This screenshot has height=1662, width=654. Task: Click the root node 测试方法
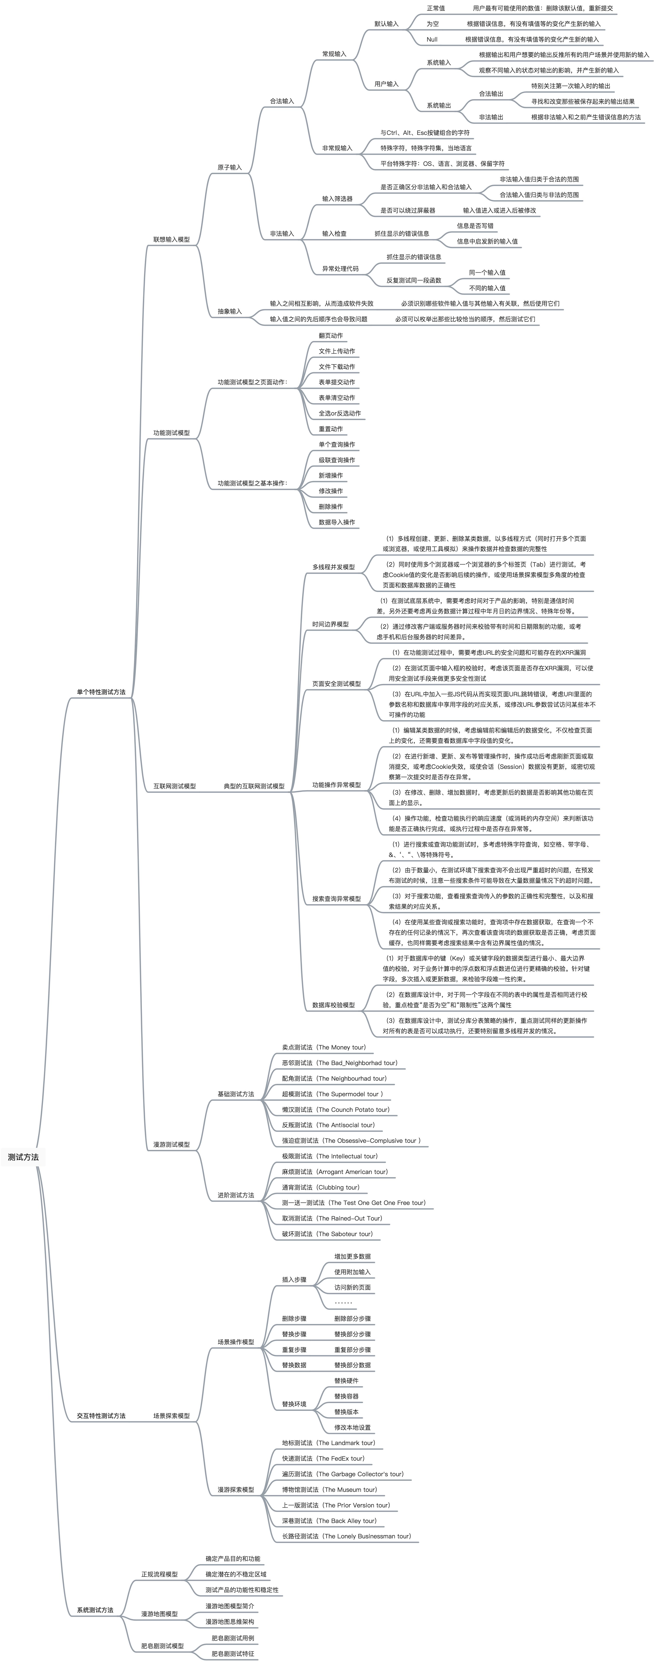[23, 1157]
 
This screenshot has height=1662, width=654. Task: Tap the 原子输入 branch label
[230, 167]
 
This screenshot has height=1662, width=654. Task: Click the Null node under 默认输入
[432, 39]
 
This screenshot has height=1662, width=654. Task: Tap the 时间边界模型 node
[330, 624]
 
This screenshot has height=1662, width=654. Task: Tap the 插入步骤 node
[294, 1279]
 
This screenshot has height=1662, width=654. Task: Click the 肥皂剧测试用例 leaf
[233, 1638]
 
